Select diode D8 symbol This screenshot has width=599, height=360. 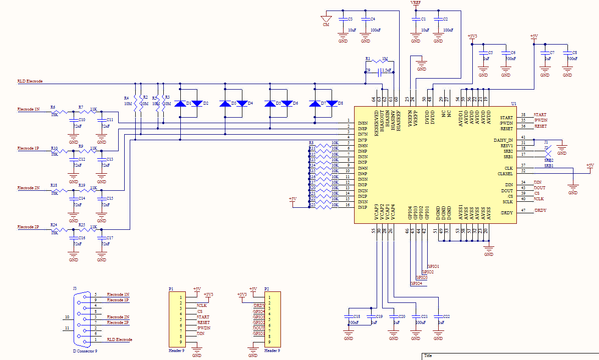tap(332, 104)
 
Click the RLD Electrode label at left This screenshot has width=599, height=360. tap(30, 81)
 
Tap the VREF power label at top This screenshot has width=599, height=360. tap(415, 3)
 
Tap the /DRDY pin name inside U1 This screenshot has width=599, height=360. tap(507, 213)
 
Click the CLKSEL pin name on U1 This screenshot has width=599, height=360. tap(505, 174)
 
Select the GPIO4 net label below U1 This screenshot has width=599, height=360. tap(416, 283)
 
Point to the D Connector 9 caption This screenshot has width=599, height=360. tap(85, 351)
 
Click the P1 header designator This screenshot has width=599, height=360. tap(171, 289)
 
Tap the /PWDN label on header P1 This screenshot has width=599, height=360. tap(203, 328)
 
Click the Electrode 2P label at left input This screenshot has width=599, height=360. tap(28, 227)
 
